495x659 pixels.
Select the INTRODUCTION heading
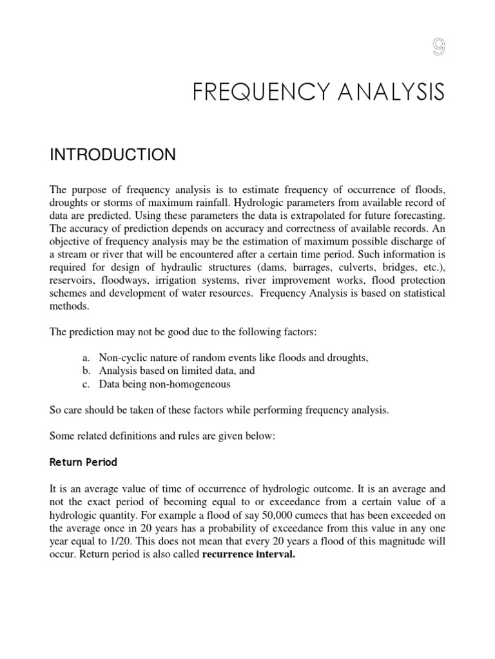tap(112, 154)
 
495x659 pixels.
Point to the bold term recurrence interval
tap(248, 555)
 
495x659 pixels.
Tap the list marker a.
tap(85, 358)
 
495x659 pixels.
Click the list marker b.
tap(86, 371)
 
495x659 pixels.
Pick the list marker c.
tap(85, 384)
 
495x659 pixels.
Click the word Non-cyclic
tap(122, 358)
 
